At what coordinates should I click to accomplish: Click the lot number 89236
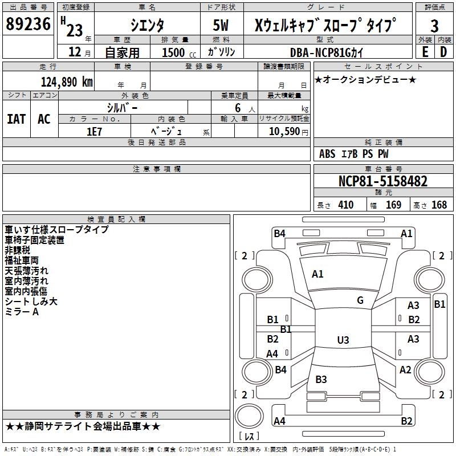click(27, 24)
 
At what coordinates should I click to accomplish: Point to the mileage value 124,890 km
click(66, 82)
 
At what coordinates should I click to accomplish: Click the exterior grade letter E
click(425, 52)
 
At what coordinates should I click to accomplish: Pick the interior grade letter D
click(443, 52)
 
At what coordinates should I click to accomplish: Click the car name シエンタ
click(147, 25)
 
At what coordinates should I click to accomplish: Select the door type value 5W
click(222, 25)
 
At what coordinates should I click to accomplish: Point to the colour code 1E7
click(94, 131)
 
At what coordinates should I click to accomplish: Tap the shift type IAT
click(17, 119)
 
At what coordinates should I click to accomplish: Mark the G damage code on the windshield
click(360, 300)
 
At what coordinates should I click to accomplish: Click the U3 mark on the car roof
click(343, 340)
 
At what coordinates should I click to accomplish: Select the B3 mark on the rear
click(321, 380)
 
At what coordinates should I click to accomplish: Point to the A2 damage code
click(405, 370)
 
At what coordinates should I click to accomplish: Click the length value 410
click(345, 205)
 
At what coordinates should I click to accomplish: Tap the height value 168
click(439, 205)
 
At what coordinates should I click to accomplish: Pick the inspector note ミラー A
click(22, 312)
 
